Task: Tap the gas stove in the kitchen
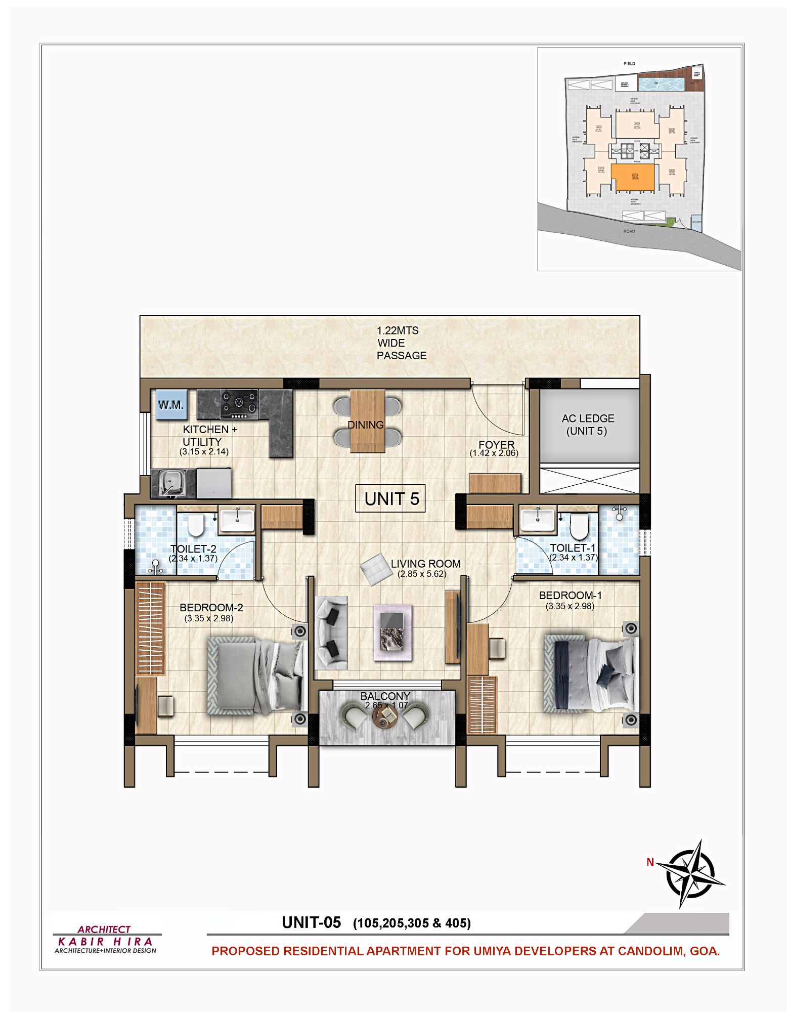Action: click(239, 404)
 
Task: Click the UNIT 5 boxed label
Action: click(390, 499)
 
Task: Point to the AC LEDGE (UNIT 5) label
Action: click(587, 425)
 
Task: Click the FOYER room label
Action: click(496, 444)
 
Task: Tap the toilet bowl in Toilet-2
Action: click(195, 525)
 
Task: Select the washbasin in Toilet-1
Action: click(537, 519)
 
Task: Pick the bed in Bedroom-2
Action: click(256, 676)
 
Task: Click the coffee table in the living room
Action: click(392, 631)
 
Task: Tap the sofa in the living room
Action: click(331, 632)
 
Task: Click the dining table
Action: click(367, 421)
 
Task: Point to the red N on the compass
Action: click(650, 862)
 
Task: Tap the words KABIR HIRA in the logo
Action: click(105, 942)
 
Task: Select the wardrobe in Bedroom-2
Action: click(151, 628)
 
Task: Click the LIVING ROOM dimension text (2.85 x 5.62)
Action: click(422, 574)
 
